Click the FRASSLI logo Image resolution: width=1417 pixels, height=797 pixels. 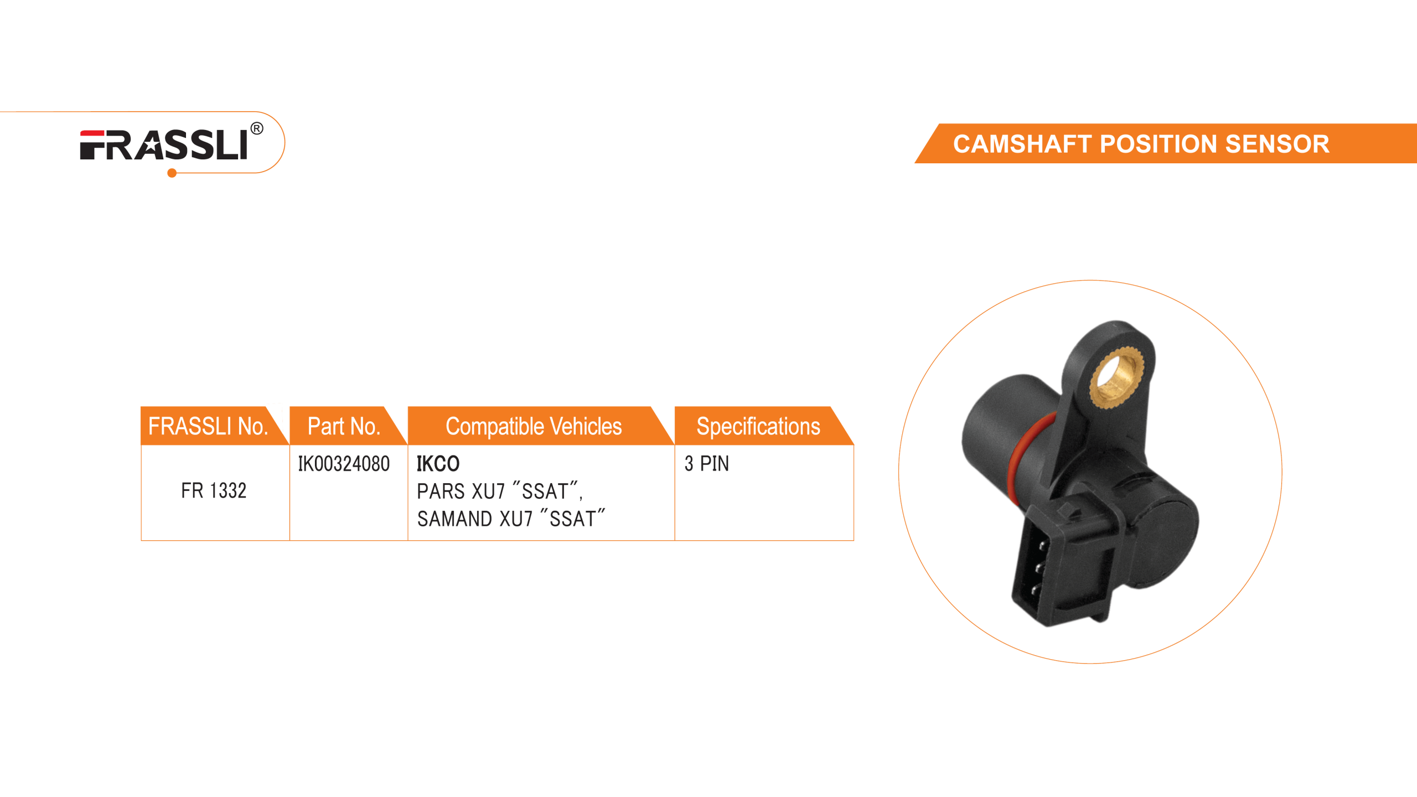coord(164,145)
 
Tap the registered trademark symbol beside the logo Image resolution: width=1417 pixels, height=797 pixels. coord(257,129)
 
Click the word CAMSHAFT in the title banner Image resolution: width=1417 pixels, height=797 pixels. coord(1022,144)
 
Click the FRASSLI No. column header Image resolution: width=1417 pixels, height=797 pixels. coord(208,427)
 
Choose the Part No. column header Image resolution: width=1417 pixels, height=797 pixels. coord(344,427)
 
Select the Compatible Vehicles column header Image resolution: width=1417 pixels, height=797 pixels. coord(534,427)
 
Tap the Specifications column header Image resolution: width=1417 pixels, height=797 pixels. coord(758,427)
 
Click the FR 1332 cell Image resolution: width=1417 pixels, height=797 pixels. coord(214,491)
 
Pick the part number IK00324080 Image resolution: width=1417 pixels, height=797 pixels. coord(344,464)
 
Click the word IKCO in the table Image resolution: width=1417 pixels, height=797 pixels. coord(438,464)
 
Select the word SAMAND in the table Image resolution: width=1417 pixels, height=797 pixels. coord(454,519)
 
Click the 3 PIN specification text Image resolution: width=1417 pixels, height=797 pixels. coord(707,464)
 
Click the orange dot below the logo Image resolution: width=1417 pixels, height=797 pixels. coord(172,174)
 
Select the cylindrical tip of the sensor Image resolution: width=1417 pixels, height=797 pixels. coord(996,421)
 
